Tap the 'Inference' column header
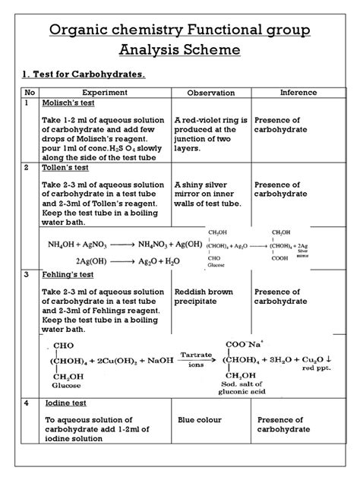tap(298, 92)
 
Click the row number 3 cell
tap(27, 274)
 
